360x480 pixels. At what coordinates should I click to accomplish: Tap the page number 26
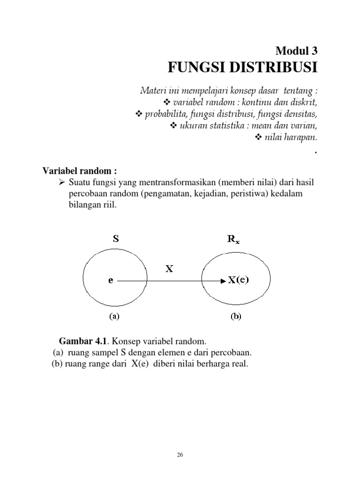tap(180, 454)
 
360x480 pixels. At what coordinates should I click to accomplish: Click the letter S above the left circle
tap(115, 238)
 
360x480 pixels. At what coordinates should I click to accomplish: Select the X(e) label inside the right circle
tap(239, 281)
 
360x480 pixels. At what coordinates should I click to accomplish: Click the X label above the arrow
tap(170, 269)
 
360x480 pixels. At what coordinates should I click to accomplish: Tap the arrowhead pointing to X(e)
tap(222, 281)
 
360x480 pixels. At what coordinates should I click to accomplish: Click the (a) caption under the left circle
tap(114, 316)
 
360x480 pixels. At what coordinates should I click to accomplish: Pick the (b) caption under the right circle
tap(235, 316)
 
